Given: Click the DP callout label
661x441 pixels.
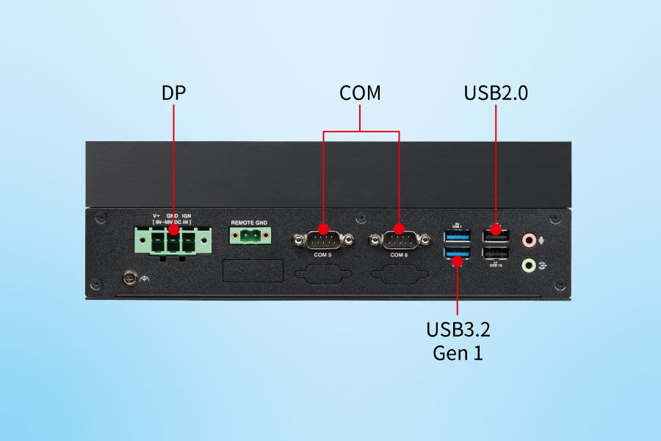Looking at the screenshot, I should tap(173, 93).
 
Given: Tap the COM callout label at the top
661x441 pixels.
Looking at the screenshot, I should tap(360, 93).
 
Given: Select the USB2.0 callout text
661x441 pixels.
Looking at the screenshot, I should tap(496, 93).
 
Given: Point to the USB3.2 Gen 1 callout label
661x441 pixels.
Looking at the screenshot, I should tap(458, 340).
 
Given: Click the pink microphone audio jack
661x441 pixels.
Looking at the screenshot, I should tap(528, 240).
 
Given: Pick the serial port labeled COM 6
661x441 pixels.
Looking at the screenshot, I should tap(398, 240).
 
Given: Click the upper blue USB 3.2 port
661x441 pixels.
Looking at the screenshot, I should tap(457, 237).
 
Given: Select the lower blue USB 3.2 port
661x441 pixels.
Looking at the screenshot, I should tap(457, 254).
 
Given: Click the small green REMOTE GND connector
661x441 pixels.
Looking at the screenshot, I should tap(249, 236).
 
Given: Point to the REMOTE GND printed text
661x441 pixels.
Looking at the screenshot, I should tap(249, 222).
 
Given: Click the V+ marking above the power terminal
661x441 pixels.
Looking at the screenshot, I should tap(156, 215).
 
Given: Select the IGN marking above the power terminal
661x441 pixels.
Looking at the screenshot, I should tap(187, 215).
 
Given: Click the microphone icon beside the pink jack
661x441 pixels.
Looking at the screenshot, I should tap(542, 240).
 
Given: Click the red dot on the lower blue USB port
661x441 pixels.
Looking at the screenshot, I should tap(458, 257).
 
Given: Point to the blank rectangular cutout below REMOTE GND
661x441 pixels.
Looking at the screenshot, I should tap(253, 270).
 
